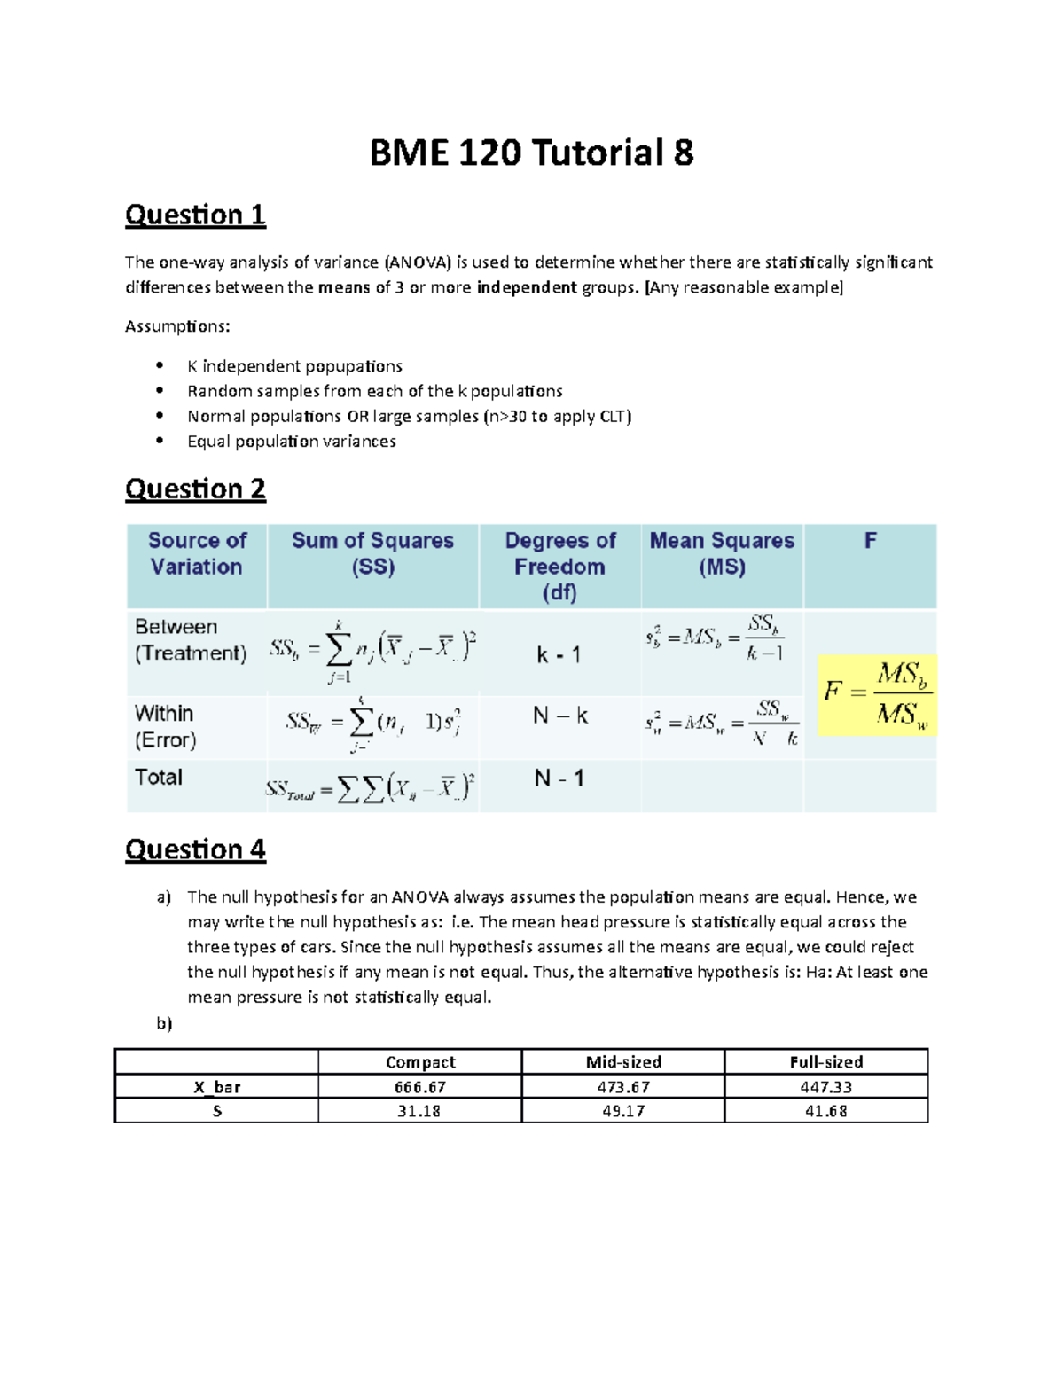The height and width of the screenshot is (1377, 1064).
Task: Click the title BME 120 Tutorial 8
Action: pos(531,153)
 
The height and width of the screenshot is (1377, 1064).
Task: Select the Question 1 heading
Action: pos(195,215)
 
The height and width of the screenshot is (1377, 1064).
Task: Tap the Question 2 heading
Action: pos(195,489)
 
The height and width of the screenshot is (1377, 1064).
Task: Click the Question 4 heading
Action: pos(195,849)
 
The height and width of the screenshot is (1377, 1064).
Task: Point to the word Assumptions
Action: pos(177,326)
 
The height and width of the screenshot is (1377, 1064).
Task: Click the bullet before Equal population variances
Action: pos(160,441)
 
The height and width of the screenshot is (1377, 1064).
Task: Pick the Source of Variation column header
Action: pos(196,554)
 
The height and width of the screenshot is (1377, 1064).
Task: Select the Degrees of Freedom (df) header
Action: pos(559,567)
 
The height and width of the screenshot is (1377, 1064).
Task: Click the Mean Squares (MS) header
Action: pos(722,554)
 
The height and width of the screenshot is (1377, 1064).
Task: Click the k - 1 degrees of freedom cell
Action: pos(559,655)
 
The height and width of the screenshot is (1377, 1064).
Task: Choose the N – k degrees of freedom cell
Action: pos(560,716)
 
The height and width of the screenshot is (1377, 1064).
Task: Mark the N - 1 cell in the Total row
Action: pos(559,778)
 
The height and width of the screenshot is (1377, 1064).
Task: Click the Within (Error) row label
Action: pos(166,727)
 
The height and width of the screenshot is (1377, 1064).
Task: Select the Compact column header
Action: pos(420,1062)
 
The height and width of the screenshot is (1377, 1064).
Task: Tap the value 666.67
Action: pos(420,1087)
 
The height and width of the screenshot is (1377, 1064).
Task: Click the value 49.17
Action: pos(623,1111)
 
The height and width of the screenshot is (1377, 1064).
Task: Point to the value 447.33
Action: pos(826,1087)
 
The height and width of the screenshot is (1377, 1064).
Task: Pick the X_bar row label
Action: pos(217,1087)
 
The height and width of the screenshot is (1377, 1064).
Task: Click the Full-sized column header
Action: pos(826,1062)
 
